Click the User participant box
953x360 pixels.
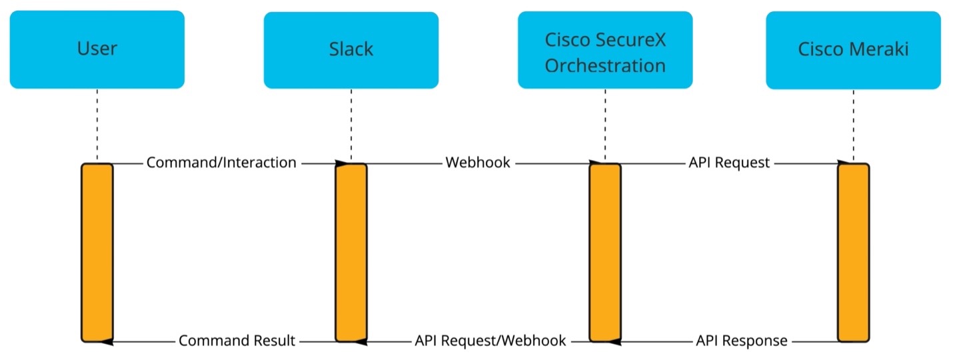97,49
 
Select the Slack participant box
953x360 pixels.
351,50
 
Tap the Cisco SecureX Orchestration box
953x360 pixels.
605,50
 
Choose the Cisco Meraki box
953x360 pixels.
854,50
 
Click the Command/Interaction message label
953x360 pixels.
221,163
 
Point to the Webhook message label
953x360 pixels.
478,163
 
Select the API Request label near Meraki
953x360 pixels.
729,163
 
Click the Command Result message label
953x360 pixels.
237,341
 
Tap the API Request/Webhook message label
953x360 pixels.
490,341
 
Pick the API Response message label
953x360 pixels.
742,341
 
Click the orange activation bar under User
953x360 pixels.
97,253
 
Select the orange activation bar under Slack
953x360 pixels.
351,253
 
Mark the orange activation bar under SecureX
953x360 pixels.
605,253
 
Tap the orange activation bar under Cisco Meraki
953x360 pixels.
854,253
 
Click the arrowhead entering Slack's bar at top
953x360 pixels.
342,164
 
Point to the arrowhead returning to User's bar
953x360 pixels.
107,341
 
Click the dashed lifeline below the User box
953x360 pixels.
97,125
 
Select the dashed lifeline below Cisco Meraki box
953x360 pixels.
854,125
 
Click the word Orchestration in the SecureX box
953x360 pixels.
605,65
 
